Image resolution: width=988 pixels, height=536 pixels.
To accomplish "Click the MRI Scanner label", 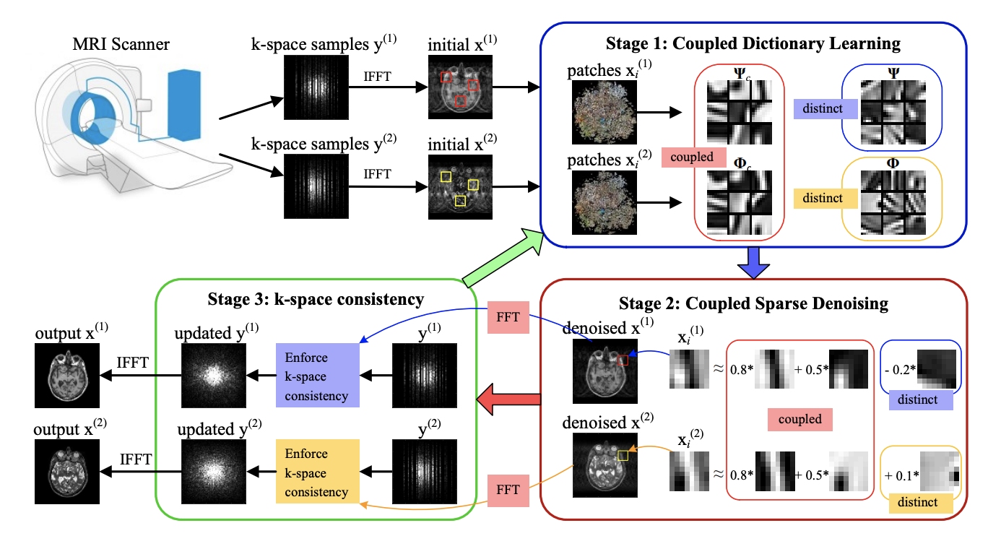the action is click(121, 44).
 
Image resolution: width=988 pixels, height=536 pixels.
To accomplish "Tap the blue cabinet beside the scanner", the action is click(184, 105).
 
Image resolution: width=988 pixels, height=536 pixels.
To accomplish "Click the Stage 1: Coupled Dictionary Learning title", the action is click(753, 43).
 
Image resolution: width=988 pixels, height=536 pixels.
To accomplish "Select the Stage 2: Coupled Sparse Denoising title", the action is click(753, 304).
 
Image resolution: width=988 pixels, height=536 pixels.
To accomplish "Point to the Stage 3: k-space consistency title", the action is click(316, 300).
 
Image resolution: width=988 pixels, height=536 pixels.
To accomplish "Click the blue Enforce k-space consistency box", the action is click(318, 376).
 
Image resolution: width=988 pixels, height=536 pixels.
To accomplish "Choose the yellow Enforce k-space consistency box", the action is click(318, 471).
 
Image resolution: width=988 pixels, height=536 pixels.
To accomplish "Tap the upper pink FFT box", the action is click(508, 317).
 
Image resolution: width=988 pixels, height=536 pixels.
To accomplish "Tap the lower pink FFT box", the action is click(508, 490).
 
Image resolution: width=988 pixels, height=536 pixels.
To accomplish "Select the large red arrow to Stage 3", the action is click(509, 399).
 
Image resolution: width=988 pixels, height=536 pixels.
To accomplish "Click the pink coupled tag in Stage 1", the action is click(693, 157).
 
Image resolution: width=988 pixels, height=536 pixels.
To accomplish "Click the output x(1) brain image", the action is click(67, 376).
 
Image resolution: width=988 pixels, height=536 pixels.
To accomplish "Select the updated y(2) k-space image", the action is click(214, 472).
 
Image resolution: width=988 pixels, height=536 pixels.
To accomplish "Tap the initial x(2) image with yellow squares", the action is click(460, 186).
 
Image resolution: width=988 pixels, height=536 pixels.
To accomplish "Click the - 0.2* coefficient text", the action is click(900, 370).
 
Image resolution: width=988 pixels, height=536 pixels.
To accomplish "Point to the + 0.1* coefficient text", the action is click(901, 475).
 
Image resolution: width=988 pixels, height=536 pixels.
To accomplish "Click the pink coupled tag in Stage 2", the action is click(800, 420).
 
